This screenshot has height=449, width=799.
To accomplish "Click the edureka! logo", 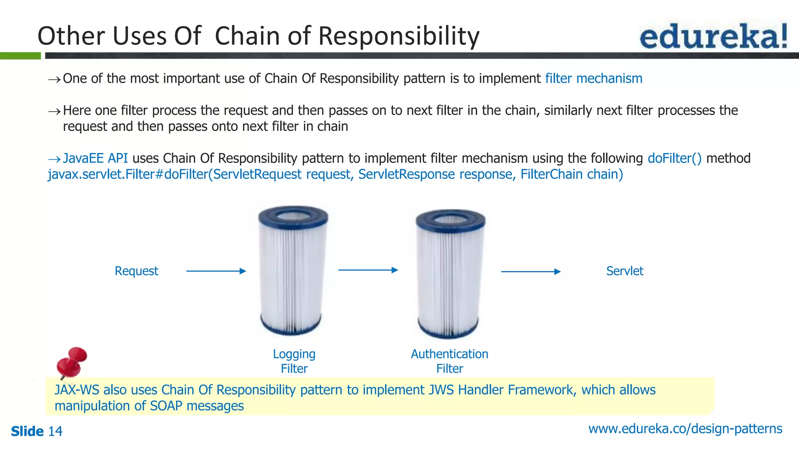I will click(x=713, y=36).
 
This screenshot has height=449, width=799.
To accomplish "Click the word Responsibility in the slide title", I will click(x=399, y=36).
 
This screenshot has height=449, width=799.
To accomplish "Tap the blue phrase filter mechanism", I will click(x=593, y=78).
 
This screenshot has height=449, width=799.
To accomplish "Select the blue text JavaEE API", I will click(x=95, y=158).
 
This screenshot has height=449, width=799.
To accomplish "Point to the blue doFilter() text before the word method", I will click(x=674, y=158).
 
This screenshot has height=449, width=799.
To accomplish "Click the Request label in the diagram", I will click(x=136, y=271).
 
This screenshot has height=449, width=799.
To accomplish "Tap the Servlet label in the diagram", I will click(x=624, y=271).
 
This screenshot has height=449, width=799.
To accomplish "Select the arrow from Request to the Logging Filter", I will click(x=216, y=271).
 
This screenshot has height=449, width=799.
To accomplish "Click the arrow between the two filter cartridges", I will click(x=368, y=270).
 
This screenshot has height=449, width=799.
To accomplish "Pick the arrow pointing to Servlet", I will click(x=530, y=271).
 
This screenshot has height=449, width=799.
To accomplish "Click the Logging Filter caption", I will click(x=294, y=361).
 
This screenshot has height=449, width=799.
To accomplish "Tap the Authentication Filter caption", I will click(x=449, y=361).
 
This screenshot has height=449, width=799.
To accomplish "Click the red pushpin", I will click(x=72, y=361).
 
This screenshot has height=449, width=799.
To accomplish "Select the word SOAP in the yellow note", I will click(x=166, y=406).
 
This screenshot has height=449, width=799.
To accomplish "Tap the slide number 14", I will click(x=55, y=431).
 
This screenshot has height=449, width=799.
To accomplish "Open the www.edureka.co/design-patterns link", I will click(x=685, y=428).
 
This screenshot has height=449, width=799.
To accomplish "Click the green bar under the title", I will click(x=20, y=56).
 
